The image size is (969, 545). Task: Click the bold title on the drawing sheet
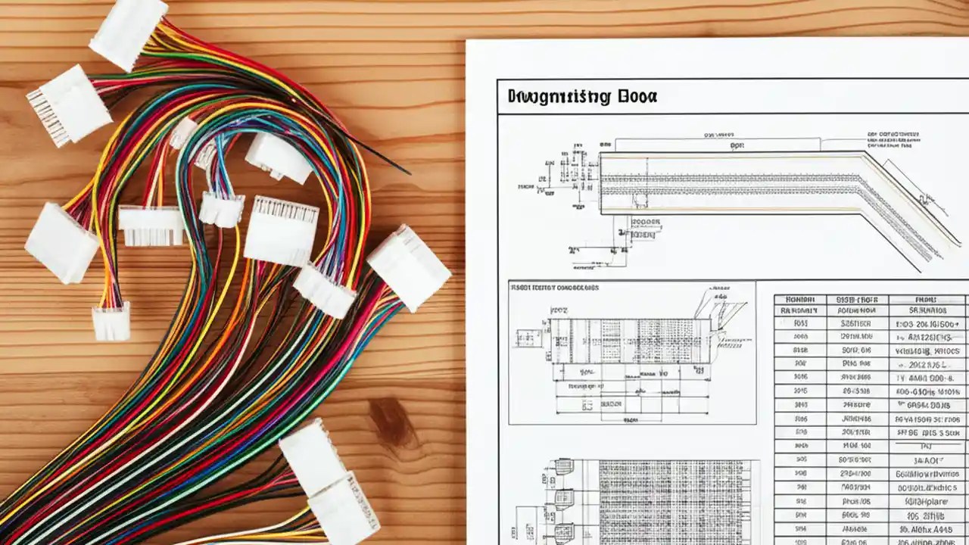pos(581,96)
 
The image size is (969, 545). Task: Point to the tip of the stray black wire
pos(409,173)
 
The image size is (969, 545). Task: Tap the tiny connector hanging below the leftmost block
pos(111,320)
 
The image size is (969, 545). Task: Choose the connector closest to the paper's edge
pos(409,267)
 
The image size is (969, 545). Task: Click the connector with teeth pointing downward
pos(151,226)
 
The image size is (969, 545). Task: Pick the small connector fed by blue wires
pos(221,208)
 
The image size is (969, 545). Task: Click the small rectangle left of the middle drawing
pos(528,338)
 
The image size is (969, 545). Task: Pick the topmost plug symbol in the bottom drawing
pos(563,466)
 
